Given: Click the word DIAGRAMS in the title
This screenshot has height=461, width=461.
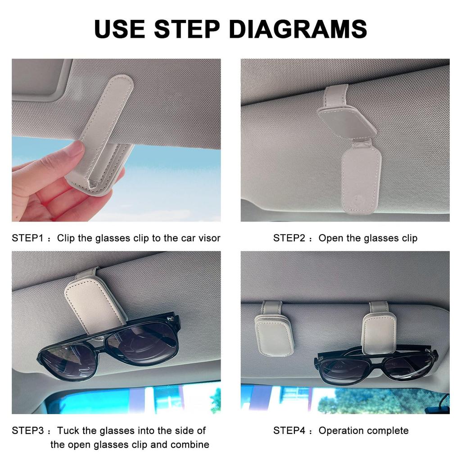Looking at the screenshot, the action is coord(298,29).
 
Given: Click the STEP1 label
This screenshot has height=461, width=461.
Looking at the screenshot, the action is coord(27,238).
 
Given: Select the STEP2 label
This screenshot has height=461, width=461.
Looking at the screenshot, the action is coord(289,238).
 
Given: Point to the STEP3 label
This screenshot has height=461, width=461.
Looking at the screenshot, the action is coord(27,430).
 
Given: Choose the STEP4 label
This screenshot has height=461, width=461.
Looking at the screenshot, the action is coord(289,430).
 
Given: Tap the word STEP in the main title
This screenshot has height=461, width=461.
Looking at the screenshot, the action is coord(187,29).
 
